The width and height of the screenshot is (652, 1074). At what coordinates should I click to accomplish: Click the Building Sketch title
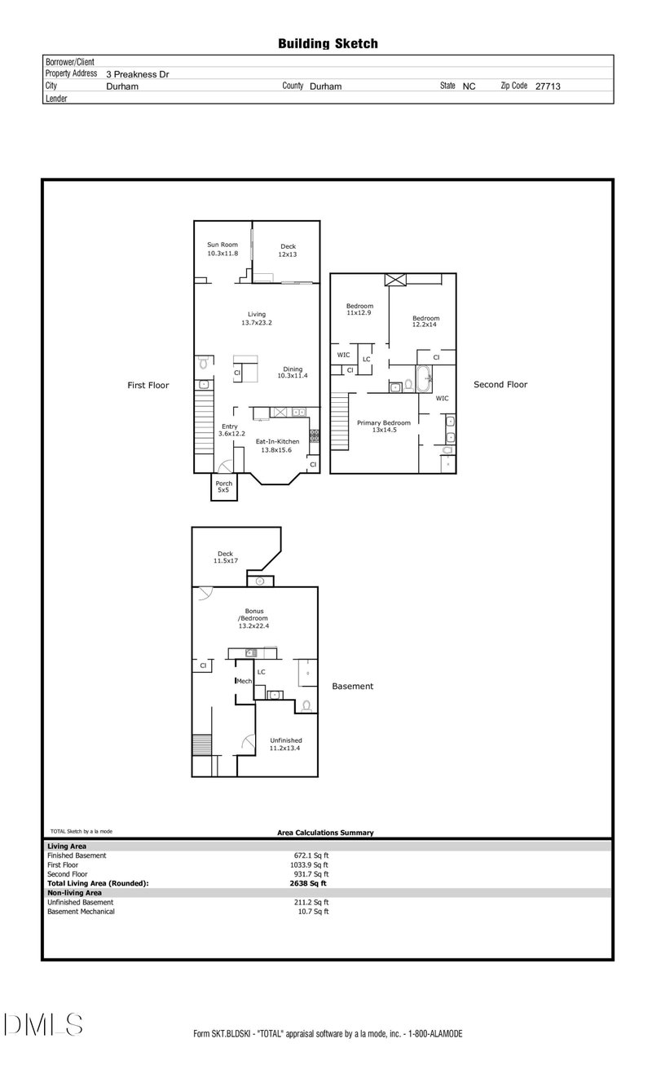pos(328,44)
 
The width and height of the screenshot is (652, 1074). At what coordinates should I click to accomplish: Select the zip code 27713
pos(548,86)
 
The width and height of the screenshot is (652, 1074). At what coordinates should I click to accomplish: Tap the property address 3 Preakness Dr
pos(138,74)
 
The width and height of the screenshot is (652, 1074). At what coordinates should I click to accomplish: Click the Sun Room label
pos(222,245)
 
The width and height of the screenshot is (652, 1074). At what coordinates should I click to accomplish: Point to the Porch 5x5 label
pos(224,487)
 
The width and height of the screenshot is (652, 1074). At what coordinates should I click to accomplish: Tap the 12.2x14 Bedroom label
pos(425,321)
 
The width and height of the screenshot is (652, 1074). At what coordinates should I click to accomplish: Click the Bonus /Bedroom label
pos(253,618)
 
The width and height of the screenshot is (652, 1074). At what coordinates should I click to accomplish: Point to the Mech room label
pos(244,681)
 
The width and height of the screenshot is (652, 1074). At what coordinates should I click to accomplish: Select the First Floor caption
pos(148,385)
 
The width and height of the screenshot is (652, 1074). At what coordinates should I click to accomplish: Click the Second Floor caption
pos(500,385)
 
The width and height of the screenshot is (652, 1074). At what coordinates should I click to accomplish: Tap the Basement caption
pos(352,686)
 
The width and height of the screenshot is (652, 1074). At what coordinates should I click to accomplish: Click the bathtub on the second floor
pos(424,378)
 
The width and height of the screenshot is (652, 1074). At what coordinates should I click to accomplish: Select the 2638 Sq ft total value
pos(308,883)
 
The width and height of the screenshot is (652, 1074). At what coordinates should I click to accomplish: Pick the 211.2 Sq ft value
pos(311,902)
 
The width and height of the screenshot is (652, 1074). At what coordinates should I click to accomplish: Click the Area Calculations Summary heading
pos(325,833)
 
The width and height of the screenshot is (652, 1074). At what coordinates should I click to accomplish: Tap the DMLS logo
pos(43,1024)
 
